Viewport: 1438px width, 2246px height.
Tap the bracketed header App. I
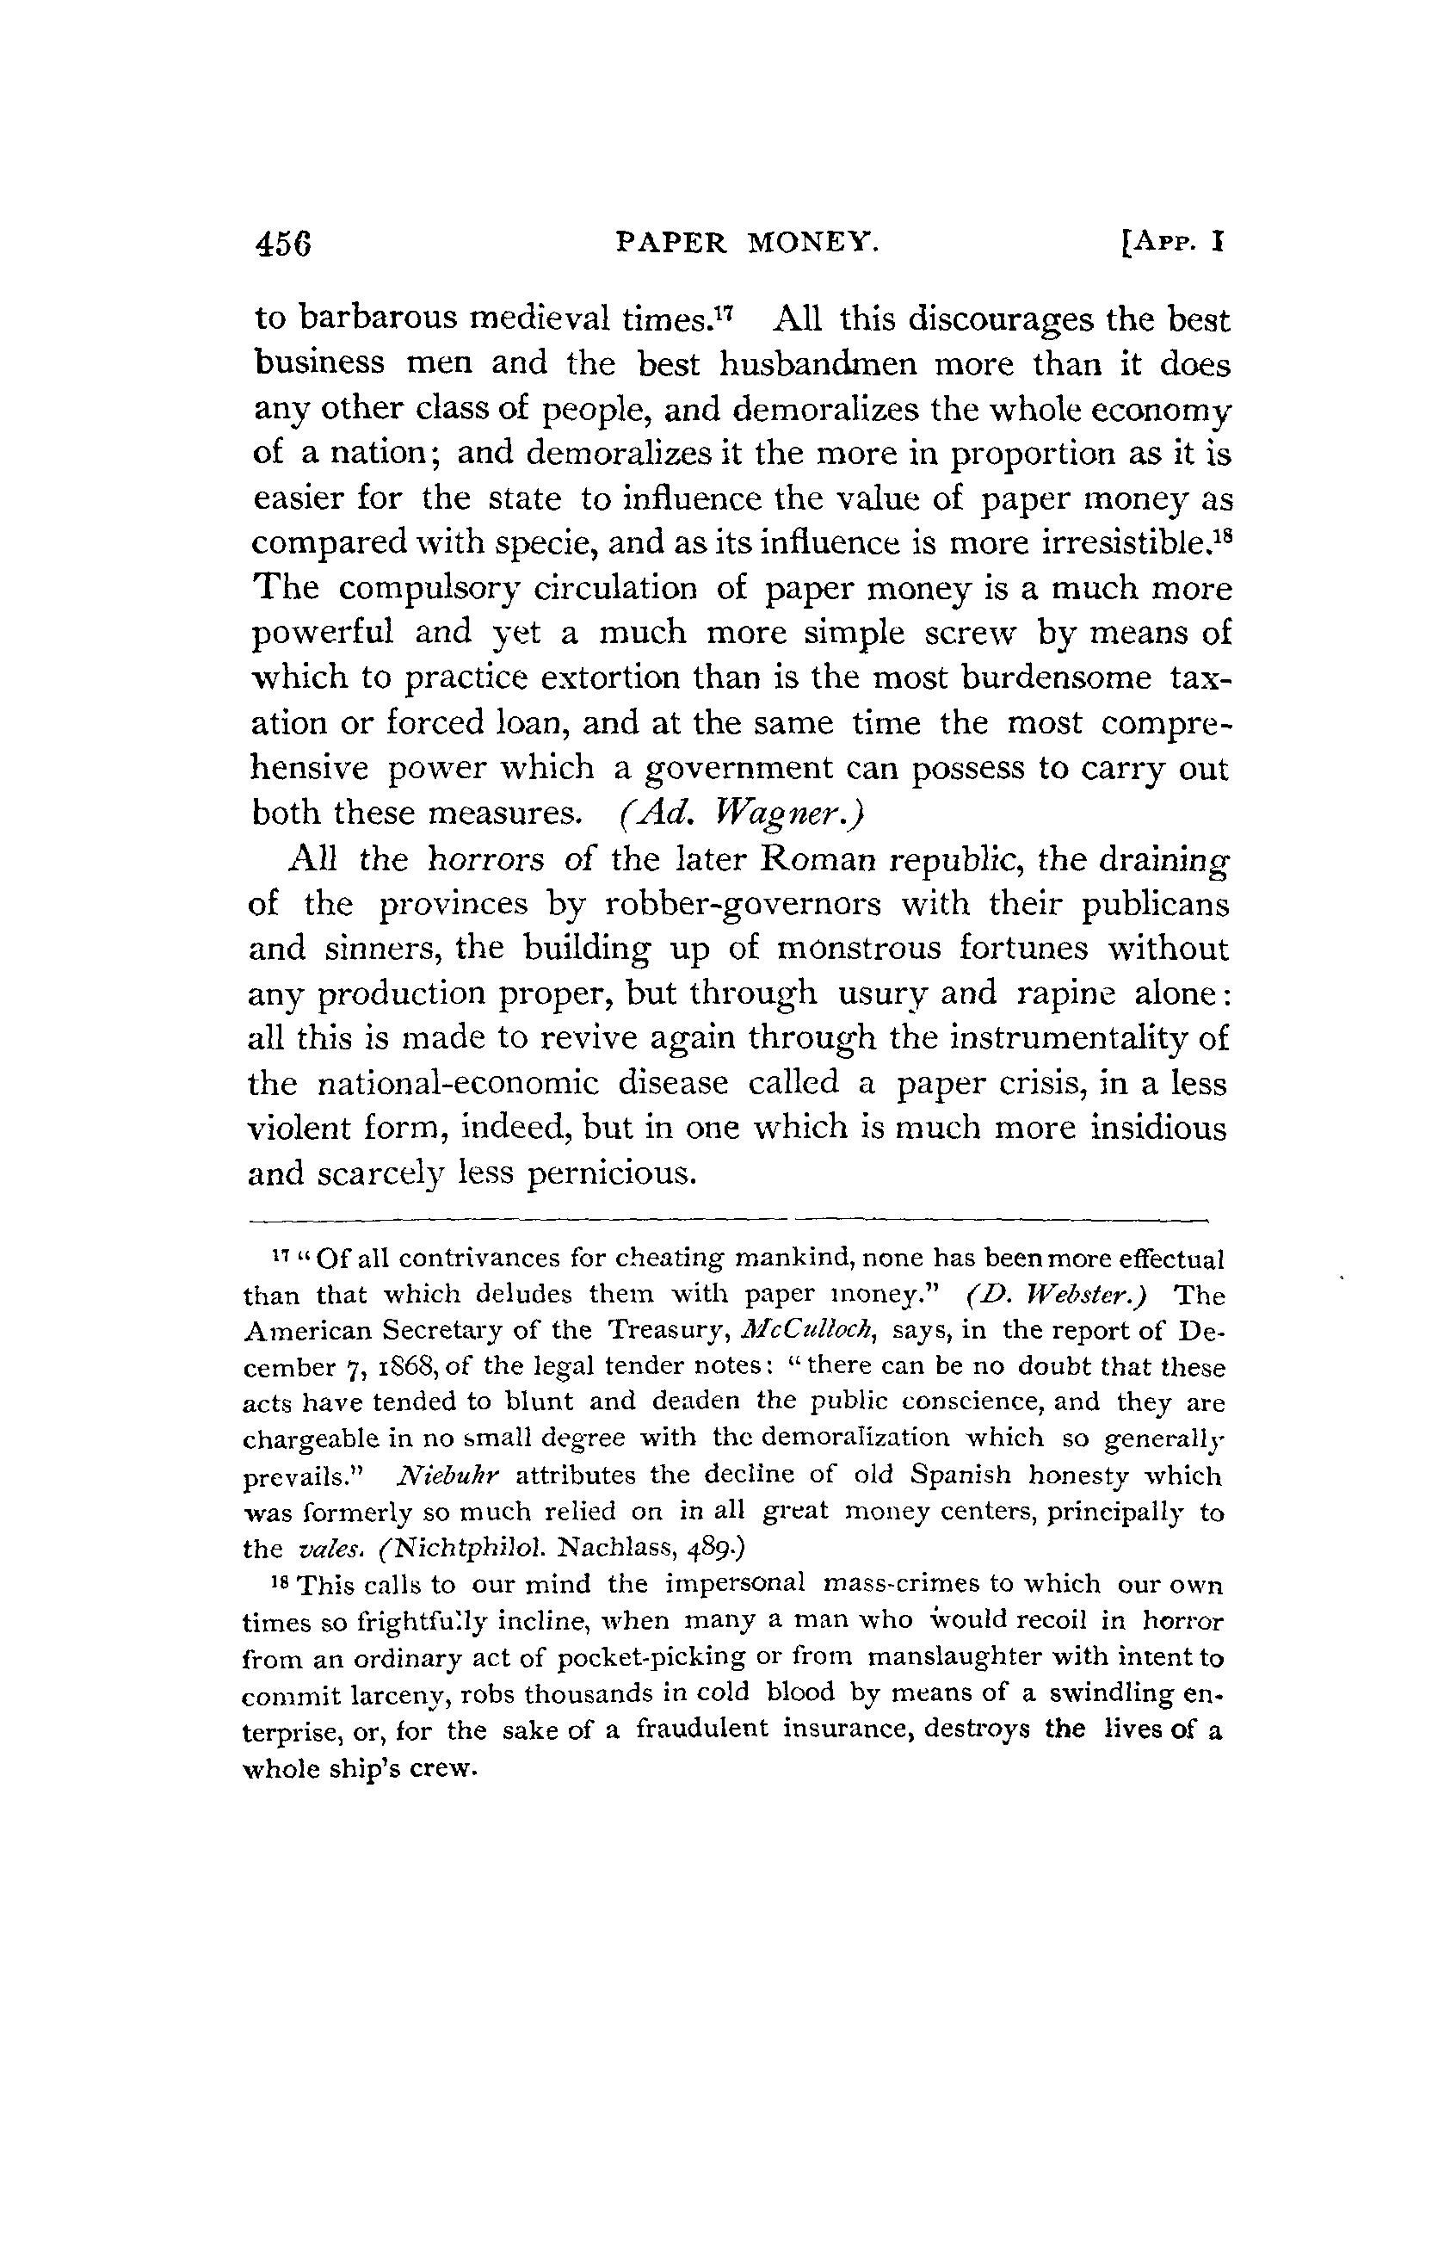pos(1173,244)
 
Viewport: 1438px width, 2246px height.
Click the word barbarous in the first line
pos(378,319)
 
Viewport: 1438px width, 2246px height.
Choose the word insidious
pos(1157,1128)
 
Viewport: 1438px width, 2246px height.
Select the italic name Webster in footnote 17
pos(1067,1296)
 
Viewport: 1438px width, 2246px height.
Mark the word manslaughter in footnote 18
pos(947,1658)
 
